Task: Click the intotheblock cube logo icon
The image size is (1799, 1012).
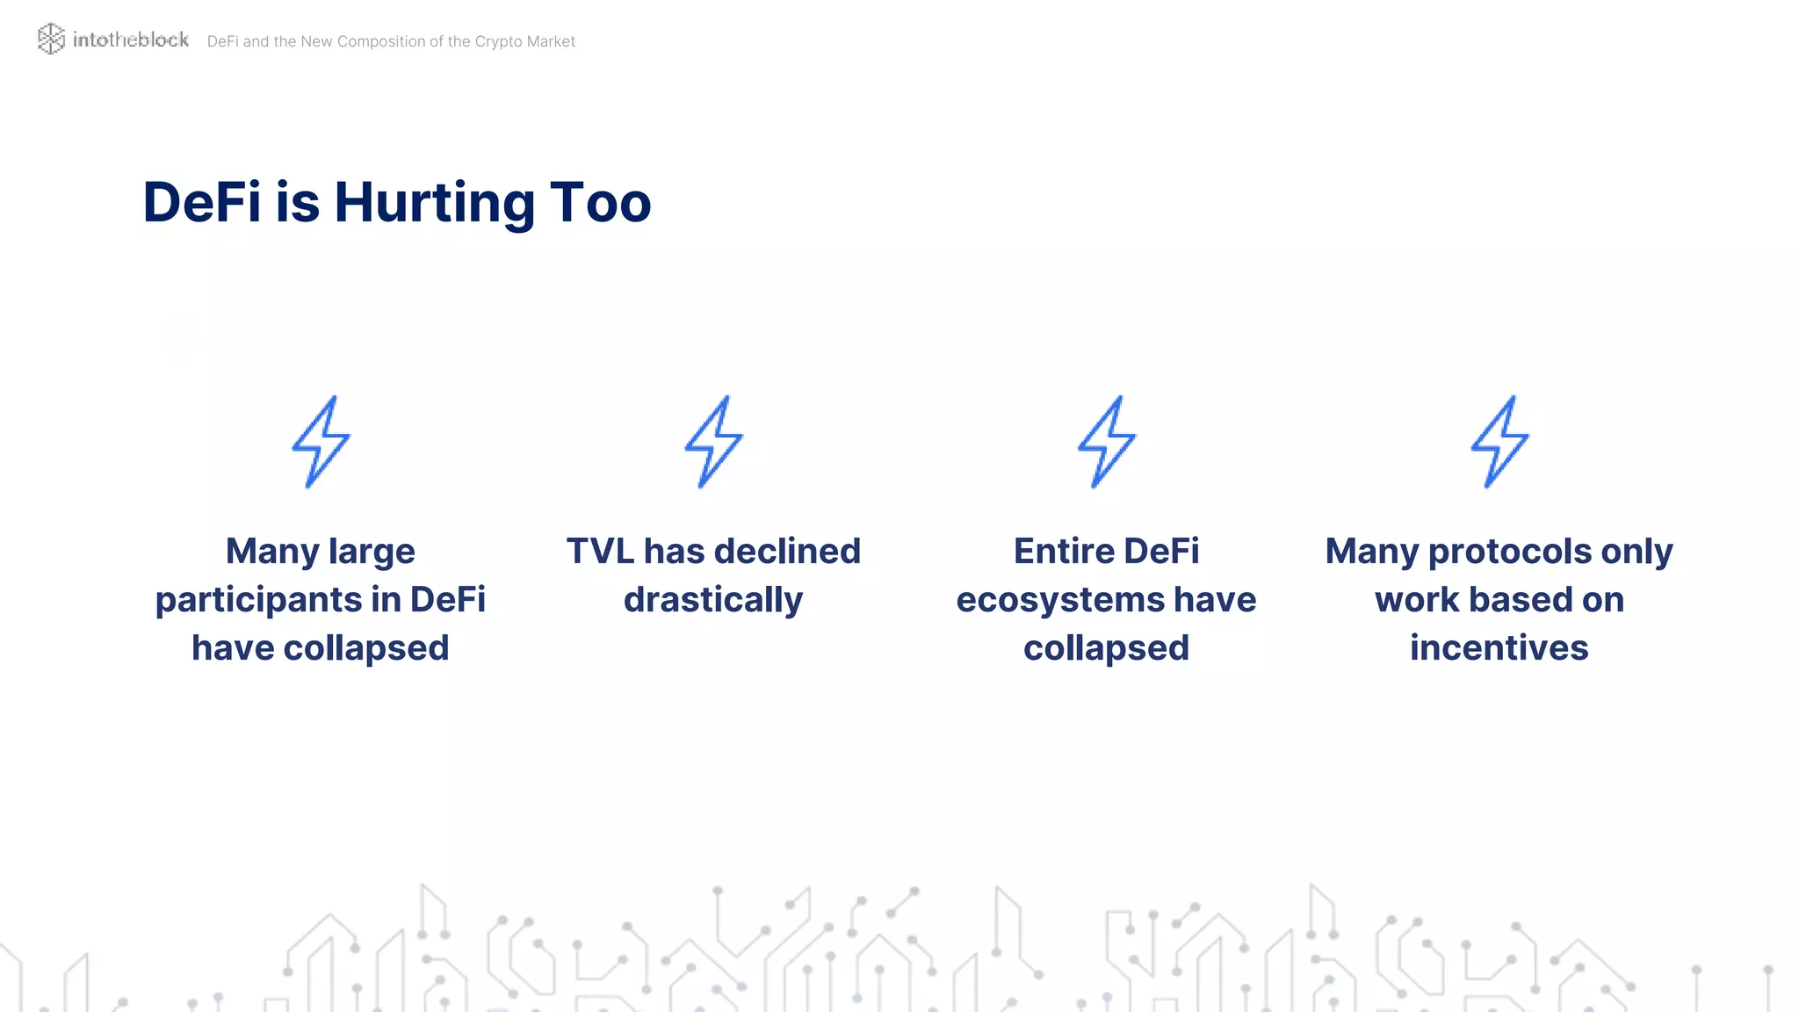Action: (x=51, y=39)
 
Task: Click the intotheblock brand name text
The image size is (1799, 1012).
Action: (x=131, y=40)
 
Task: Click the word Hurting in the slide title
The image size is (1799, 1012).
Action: (x=434, y=203)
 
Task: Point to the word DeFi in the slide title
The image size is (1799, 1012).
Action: (x=202, y=202)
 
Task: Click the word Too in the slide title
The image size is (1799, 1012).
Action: (x=600, y=202)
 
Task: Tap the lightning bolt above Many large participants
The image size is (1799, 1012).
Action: (x=321, y=442)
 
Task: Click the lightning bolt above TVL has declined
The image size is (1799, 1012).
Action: (x=713, y=442)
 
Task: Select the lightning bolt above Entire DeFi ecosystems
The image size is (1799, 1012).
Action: (x=1106, y=442)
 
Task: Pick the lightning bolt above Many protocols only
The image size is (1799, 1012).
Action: (x=1499, y=442)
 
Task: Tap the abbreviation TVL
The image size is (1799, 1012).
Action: (x=600, y=552)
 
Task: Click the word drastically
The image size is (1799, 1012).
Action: (x=713, y=600)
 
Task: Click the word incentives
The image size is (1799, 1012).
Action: (x=1499, y=648)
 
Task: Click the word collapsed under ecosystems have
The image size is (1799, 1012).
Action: (x=1106, y=649)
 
